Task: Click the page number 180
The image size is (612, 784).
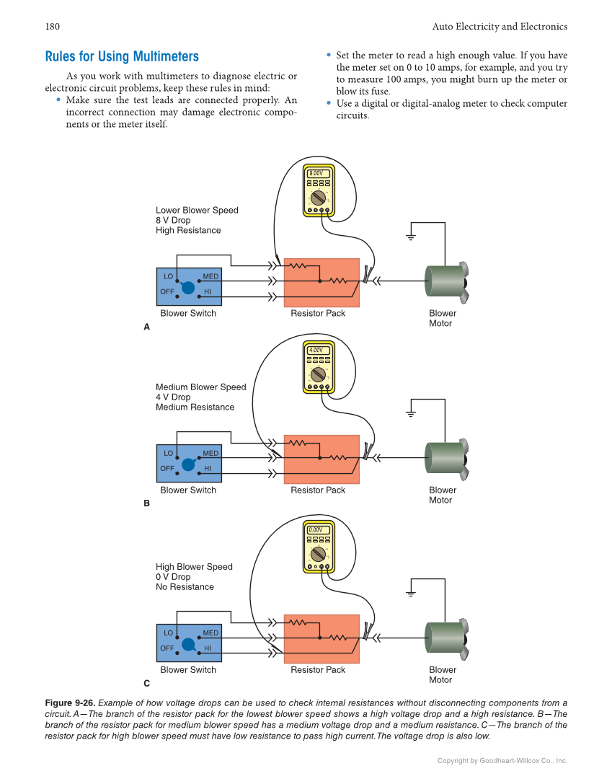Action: (52, 27)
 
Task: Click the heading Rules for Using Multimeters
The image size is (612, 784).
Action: (122, 57)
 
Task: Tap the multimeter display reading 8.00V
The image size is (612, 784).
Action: (318, 174)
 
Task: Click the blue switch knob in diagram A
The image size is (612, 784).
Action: (188, 287)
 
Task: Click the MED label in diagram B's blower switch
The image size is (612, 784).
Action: (210, 454)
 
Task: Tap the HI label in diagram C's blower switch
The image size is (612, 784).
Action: (208, 648)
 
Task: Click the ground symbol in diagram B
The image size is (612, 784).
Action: (411, 414)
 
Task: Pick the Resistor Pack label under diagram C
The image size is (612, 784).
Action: (318, 670)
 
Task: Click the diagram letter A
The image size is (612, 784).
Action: (146, 327)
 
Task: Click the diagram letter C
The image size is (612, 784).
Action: (146, 683)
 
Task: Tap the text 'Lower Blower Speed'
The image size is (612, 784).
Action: (197, 211)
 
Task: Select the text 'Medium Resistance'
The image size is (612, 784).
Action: (195, 408)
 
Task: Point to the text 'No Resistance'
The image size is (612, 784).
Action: (185, 587)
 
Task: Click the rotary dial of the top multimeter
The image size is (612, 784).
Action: (317, 197)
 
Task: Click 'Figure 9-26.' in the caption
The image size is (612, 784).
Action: (69, 703)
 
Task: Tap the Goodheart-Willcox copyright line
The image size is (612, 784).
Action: (502, 761)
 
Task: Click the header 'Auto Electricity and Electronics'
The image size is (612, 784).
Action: (500, 27)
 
